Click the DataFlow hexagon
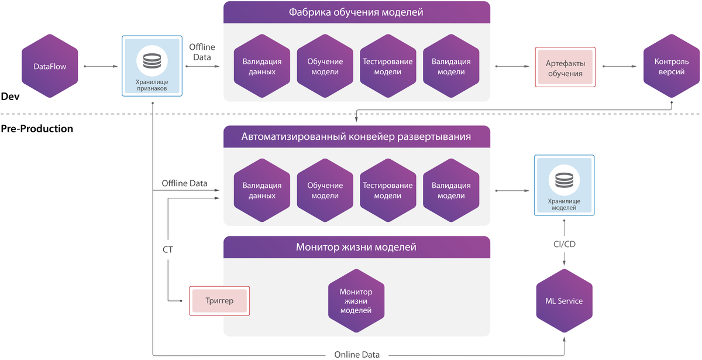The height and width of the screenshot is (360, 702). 50,67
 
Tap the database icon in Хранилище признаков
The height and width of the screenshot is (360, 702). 152,61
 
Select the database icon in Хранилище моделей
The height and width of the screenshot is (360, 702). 564,180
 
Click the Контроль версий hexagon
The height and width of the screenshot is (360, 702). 671,67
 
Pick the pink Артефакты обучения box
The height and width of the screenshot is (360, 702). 565,67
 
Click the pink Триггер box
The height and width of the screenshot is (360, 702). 219,301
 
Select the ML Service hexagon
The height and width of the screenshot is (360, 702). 564,301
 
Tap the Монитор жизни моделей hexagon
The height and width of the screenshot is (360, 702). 356,301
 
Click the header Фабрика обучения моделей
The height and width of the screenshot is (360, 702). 356,12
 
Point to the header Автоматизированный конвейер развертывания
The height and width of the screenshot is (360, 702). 356,137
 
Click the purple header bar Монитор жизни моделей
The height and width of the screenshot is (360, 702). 356,247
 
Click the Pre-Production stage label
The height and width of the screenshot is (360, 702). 37,129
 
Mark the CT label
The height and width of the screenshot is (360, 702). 167,250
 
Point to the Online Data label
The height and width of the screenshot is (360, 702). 357,354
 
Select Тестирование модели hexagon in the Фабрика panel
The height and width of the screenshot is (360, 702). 387,67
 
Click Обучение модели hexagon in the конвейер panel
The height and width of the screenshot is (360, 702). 325,191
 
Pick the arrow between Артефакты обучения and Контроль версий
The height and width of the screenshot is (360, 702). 620,67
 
